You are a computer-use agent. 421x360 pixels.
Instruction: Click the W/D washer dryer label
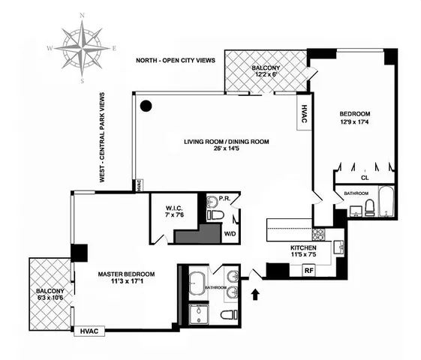(x=228, y=233)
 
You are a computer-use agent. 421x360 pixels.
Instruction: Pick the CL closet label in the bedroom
(x=365, y=178)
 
